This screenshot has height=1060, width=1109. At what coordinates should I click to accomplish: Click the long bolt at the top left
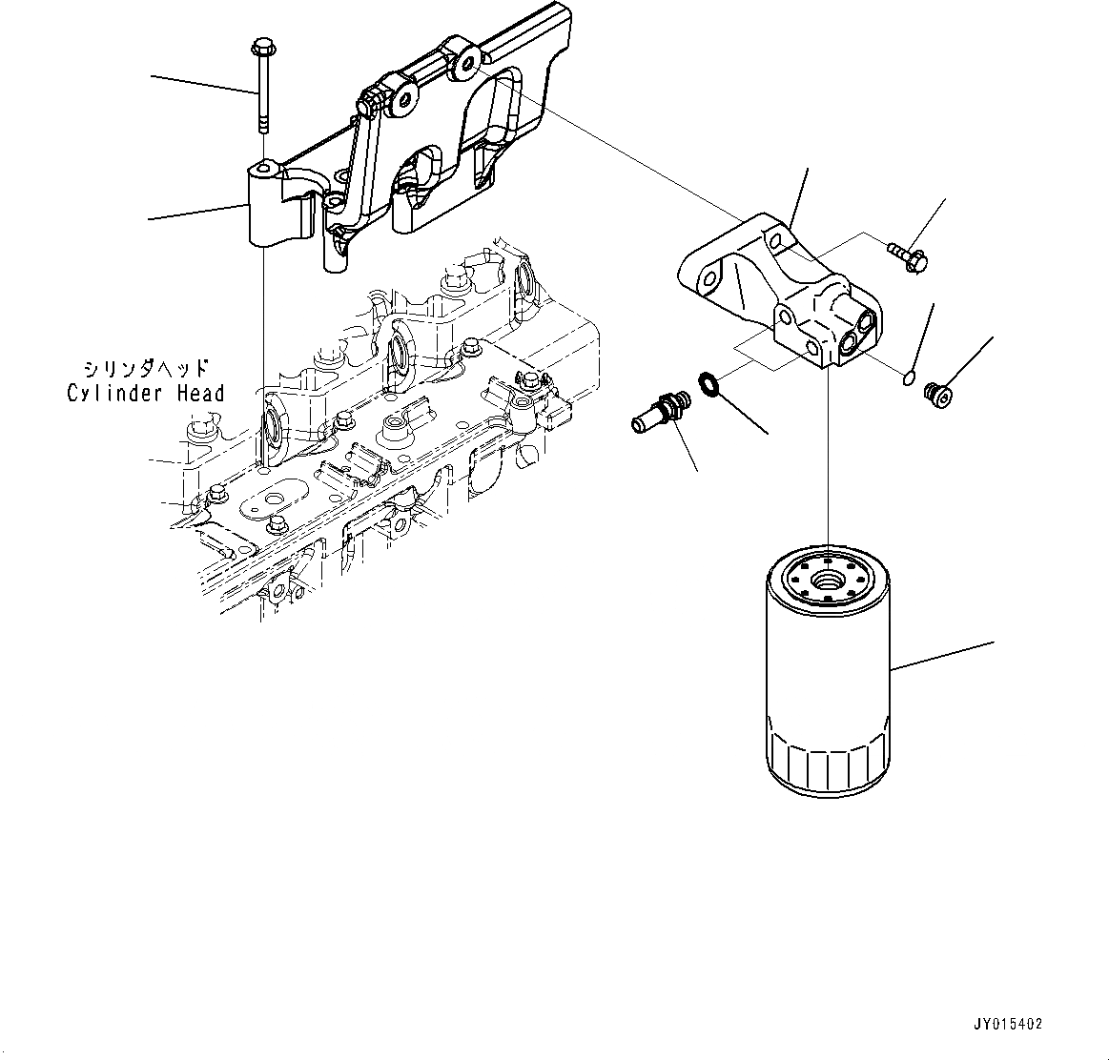click(262, 91)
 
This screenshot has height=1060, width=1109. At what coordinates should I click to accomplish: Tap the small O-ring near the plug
click(908, 381)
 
